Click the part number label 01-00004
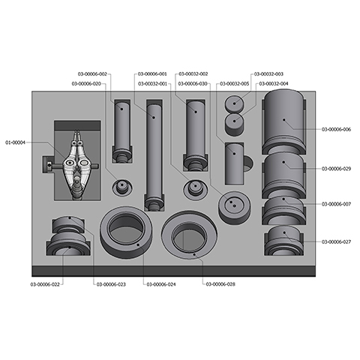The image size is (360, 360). [16, 142]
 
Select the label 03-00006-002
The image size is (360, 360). [92, 73]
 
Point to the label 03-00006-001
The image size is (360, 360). [152, 73]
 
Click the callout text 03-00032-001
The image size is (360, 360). [152, 84]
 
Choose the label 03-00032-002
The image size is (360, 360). [193, 73]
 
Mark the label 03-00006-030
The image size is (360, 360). [193, 84]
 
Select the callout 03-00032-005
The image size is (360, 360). [234, 84]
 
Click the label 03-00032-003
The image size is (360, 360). [268, 73]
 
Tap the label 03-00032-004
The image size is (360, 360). [273, 84]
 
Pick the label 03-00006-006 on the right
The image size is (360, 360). [336, 130]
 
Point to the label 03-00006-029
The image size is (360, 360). [336, 169]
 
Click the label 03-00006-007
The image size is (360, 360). [336, 204]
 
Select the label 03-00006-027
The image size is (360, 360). [336, 241]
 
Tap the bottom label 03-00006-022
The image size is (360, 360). [46, 284]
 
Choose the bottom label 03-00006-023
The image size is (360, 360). [109, 284]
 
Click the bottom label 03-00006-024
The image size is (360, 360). [161, 284]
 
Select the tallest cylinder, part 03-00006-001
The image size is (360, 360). [154, 154]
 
